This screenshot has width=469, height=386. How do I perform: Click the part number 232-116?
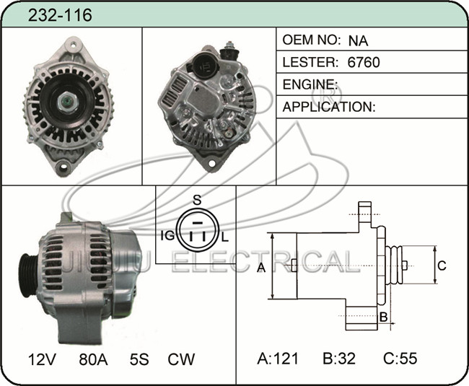pyautogui.click(x=60, y=15)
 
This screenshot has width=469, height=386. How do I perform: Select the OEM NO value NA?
pyautogui.click(x=358, y=40)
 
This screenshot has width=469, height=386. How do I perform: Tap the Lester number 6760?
pyautogui.click(x=364, y=62)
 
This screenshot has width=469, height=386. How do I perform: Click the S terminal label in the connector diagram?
pyautogui.click(x=197, y=200)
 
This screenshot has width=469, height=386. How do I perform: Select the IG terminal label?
pyautogui.click(x=168, y=236)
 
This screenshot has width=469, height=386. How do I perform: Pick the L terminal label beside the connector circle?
pyautogui.click(x=225, y=237)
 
